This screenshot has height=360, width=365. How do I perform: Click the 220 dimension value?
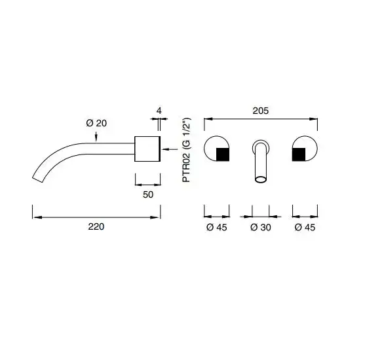96,226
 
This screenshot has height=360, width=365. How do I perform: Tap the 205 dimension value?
261,111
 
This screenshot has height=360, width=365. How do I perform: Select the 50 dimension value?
148,194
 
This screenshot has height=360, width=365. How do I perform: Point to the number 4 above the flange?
159,111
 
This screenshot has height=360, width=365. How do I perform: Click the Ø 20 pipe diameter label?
96,123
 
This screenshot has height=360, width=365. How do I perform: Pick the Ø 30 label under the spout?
261,227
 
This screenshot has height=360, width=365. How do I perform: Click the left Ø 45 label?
216,227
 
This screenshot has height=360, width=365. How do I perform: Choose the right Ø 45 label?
305,227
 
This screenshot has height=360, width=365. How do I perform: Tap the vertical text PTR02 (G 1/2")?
187,150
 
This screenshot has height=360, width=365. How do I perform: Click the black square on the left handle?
223,154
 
